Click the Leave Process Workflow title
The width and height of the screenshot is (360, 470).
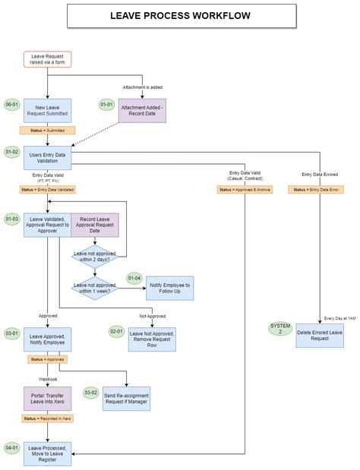tap(179, 15)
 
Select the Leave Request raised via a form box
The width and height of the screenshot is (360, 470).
tap(47, 59)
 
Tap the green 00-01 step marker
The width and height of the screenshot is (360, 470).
tap(12, 105)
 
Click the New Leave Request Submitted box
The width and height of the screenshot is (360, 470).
tap(47, 111)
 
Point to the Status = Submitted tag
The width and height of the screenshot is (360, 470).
tap(47, 131)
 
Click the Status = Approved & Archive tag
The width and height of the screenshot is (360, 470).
tap(245, 189)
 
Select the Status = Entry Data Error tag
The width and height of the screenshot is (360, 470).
tap(314, 189)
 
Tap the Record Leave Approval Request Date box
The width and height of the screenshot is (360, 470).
tap(95, 226)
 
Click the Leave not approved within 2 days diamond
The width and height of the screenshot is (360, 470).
tap(95, 257)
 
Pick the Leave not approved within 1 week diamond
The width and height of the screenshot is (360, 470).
tap(95, 287)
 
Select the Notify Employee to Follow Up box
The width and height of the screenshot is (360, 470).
tap(169, 287)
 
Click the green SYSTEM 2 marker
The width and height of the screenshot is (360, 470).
tap(280, 330)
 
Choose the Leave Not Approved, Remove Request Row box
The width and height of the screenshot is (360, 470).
tap(152, 339)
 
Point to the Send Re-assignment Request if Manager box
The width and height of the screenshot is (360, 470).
tap(127, 399)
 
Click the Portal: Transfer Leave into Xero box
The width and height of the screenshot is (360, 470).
tap(47, 399)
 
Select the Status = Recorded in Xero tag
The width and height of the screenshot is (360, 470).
tap(47, 418)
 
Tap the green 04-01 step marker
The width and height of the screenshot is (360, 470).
tap(12, 447)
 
